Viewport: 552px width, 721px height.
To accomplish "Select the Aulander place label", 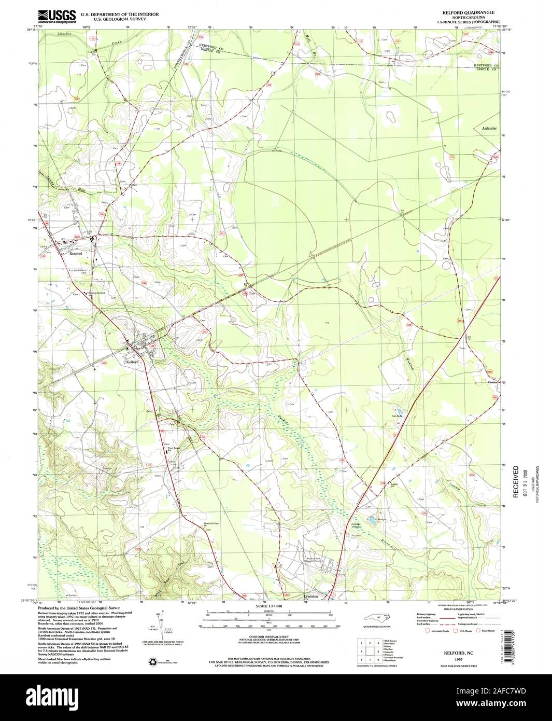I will (x=487, y=127).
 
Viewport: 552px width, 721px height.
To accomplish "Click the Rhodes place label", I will (x=492, y=382).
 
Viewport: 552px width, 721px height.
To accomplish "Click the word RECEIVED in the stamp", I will (x=516, y=481).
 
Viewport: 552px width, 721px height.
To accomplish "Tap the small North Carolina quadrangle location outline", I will (x=378, y=618).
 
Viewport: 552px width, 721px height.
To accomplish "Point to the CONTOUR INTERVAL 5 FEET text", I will (x=274, y=637).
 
